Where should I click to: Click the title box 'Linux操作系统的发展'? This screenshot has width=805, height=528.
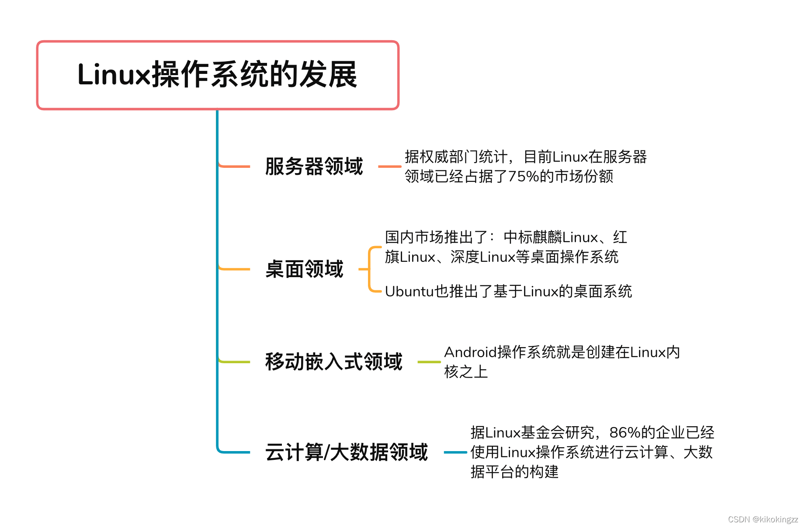click(218, 75)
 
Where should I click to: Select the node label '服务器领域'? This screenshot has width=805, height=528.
click(314, 167)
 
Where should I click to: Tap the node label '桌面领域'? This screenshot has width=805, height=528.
click(304, 269)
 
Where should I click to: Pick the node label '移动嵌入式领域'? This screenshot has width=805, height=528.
click(333, 362)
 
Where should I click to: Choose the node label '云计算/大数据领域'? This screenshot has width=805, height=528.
click(346, 452)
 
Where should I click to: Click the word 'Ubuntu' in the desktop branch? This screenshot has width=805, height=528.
click(409, 292)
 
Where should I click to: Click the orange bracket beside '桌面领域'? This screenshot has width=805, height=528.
click(370, 269)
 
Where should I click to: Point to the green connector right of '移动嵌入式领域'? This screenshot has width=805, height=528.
click(429, 362)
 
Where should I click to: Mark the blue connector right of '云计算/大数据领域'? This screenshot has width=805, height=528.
click(455, 452)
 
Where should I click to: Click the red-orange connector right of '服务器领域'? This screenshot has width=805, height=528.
click(389, 167)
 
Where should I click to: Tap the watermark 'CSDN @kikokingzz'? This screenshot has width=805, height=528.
click(763, 519)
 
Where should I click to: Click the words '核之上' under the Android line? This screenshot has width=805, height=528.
click(466, 372)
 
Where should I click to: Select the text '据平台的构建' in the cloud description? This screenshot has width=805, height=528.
click(514, 472)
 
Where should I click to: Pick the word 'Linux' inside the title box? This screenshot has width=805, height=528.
click(114, 75)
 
